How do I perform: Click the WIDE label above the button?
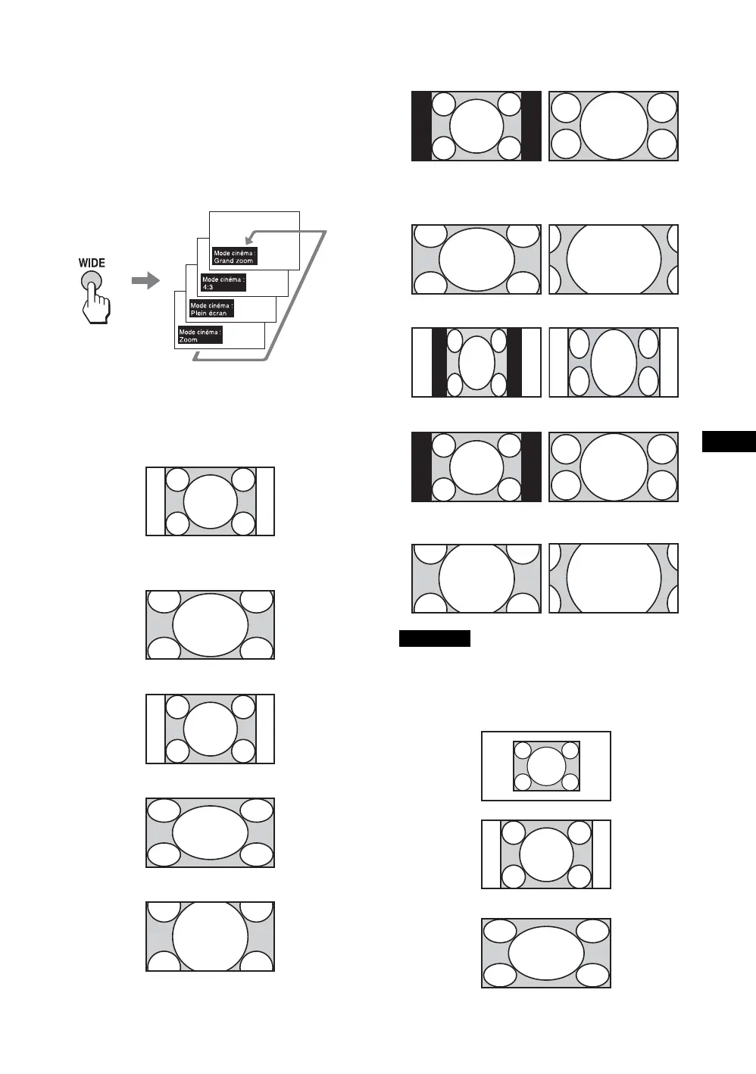click(x=92, y=263)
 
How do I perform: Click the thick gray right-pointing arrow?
click(x=145, y=280)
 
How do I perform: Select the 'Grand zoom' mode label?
click(x=235, y=257)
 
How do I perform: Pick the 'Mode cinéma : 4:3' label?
click(x=223, y=283)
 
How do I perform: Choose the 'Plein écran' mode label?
click(x=211, y=309)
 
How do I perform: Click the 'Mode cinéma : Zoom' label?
click(x=200, y=336)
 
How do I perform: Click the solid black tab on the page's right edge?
click(x=729, y=441)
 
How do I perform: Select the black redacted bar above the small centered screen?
click(x=435, y=638)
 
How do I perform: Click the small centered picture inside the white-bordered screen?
click(x=546, y=766)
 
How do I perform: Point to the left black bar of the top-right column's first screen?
click(x=421, y=126)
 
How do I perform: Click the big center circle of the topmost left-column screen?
click(x=211, y=501)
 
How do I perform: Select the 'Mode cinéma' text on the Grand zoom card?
click(x=233, y=253)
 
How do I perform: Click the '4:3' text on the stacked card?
click(x=208, y=288)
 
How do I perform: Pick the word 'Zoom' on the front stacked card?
click(x=189, y=340)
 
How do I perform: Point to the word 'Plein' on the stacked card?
click(x=198, y=314)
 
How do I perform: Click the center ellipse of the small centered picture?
click(x=546, y=766)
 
